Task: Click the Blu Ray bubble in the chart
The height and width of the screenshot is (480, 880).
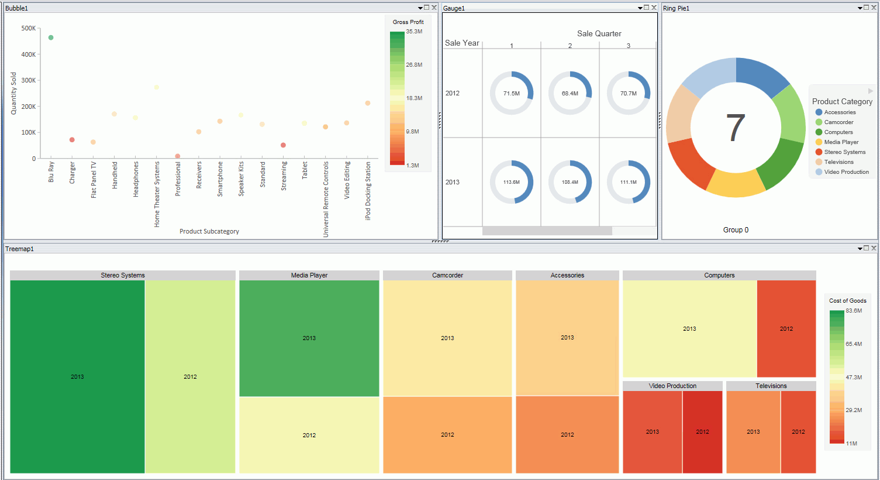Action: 51,37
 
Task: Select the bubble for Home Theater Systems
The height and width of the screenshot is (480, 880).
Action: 157,88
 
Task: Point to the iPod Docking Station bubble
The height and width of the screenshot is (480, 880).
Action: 368,103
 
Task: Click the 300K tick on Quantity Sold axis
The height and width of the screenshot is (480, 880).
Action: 28,80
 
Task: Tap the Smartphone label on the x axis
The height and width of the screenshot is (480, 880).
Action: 220,179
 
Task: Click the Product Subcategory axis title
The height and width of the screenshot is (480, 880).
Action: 209,231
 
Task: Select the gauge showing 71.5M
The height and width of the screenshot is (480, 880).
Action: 512,93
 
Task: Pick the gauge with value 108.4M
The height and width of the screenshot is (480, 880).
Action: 570,182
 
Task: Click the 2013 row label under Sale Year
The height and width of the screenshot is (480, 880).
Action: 453,182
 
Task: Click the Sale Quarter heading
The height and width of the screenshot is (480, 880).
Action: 599,33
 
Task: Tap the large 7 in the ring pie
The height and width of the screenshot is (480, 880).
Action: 736,128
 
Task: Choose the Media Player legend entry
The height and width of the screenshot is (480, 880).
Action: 841,142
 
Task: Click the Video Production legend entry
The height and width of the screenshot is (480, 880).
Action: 846,172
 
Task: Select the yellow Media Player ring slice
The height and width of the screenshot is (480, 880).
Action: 735,183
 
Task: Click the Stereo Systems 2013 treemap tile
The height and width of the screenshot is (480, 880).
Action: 77,376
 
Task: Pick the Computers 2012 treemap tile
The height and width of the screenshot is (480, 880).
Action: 786,328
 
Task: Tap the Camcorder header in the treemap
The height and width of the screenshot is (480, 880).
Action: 447,275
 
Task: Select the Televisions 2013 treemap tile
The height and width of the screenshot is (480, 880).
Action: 753,431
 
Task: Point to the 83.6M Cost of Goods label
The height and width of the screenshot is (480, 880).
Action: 854,311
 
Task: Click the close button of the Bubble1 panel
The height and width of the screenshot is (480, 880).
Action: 434,8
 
